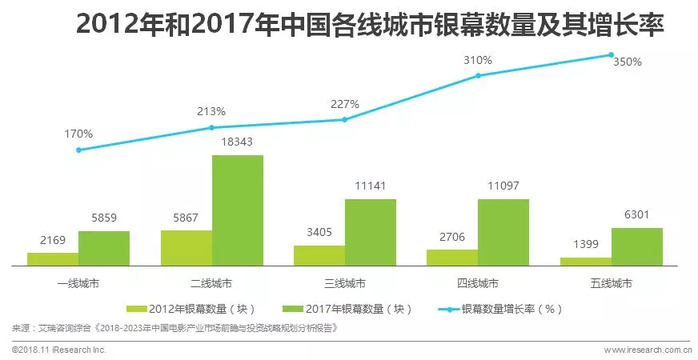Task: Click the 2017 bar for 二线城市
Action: tap(237, 210)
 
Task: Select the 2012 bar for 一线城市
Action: tap(53, 258)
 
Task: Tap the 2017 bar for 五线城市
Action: tap(636, 246)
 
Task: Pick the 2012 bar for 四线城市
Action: tap(451, 257)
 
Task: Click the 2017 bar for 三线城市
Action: tap(370, 232)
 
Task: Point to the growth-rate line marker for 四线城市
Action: tap(478, 75)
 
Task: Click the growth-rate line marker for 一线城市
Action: tap(78, 150)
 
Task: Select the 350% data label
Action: tap(627, 62)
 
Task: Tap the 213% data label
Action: tap(212, 111)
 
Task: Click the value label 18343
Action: tap(238, 141)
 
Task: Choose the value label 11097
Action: tap(503, 186)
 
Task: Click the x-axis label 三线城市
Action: tap(345, 283)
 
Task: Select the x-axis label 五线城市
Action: tap(611, 283)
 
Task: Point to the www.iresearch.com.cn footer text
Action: tap(648, 350)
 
